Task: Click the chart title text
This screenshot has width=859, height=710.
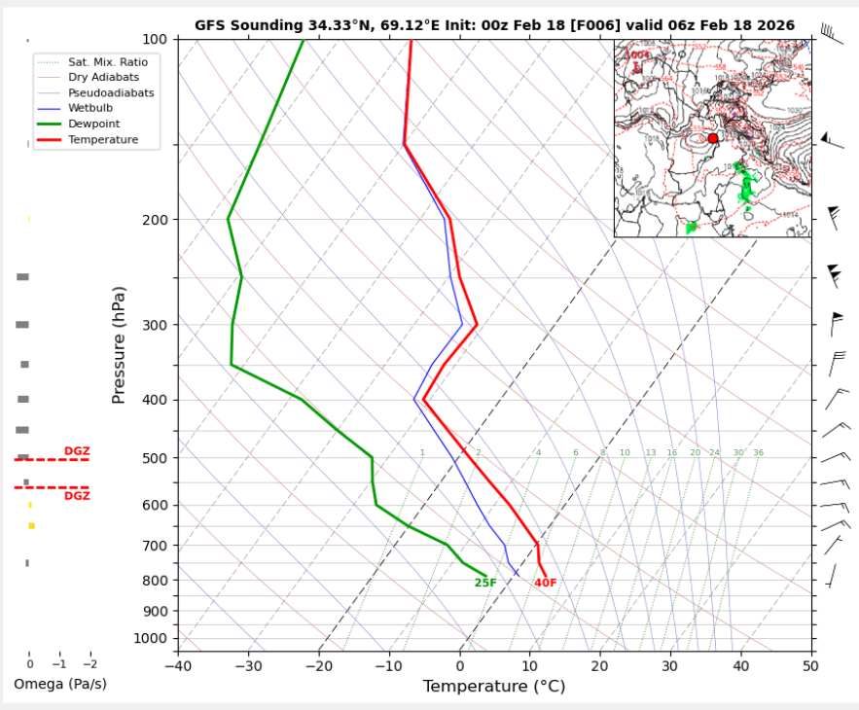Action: click(x=494, y=25)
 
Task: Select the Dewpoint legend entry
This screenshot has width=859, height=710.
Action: click(x=92, y=124)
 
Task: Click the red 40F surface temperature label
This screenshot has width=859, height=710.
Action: click(x=546, y=584)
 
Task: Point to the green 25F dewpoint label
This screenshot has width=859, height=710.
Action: click(x=485, y=584)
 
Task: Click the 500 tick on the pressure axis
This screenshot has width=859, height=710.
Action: click(x=155, y=458)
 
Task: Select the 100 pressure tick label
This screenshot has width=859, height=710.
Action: click(x=155, y=39)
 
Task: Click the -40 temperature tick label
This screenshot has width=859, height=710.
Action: click(x=178, y=668)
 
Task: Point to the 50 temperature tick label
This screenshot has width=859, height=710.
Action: click(x=810, y=668)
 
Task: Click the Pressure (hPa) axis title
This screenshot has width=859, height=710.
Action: click(x=119, y=345)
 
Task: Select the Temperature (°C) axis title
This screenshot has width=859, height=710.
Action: click(x=494, y=687)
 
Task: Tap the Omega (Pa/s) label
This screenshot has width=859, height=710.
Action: click(x=60, y=685)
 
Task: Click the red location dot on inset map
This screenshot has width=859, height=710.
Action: click(x=713, y=138)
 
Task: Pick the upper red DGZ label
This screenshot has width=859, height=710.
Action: click(x=77, y=451)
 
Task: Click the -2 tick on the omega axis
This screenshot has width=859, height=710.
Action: click(x=89, y=664)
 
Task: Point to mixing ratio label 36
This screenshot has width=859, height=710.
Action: click(x=758, y=453)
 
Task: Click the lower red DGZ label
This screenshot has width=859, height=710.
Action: click(x=77, y=496)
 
